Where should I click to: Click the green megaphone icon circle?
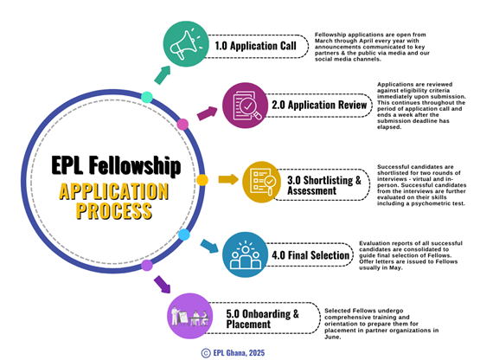186,44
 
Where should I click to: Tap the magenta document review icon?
246,106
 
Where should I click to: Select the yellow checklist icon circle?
262,182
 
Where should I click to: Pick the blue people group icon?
246,254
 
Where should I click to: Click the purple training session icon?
189,316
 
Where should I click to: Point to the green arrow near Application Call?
163,75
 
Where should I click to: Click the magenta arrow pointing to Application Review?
207,113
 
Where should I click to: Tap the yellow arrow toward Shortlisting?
228,179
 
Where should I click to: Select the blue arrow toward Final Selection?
209,247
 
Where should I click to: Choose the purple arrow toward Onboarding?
163,285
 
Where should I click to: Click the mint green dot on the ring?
147,97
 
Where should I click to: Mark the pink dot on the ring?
182,125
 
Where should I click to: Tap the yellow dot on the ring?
202,180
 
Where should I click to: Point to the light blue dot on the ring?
184,235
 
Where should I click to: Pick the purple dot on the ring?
147,265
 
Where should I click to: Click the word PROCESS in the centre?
114,211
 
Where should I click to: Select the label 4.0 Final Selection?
310,255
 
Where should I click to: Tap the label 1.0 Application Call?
255,46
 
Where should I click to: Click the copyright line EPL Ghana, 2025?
233,353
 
